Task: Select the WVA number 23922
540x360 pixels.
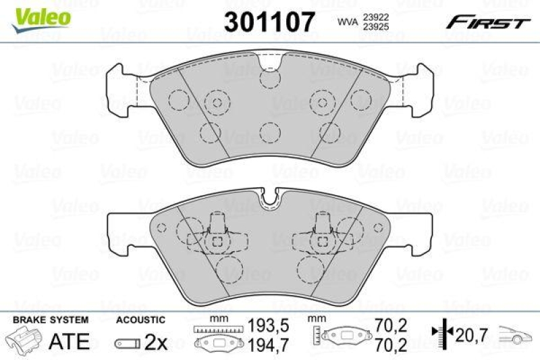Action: point(375,19)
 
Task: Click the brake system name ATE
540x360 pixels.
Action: point(70,342)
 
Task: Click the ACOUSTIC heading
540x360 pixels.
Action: point(140,319)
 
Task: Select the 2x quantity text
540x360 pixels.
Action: point(156,342)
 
